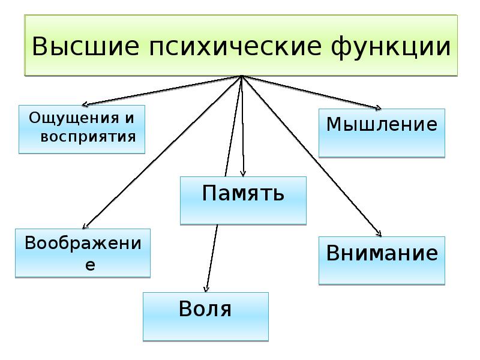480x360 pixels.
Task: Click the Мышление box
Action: (382, 133)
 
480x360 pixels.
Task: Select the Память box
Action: (243, 200)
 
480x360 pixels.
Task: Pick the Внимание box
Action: (382, 260)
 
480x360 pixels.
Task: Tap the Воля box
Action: (205, 316)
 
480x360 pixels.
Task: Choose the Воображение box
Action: (82, 253)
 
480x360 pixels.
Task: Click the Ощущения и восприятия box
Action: (82, 128)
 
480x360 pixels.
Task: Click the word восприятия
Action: (88, 136)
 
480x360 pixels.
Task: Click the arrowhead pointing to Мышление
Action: (378, 109)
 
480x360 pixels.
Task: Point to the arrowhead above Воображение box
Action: (83, 226)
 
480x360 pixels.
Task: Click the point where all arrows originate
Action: (241, 76)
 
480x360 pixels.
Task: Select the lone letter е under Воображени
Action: (90, 264)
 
